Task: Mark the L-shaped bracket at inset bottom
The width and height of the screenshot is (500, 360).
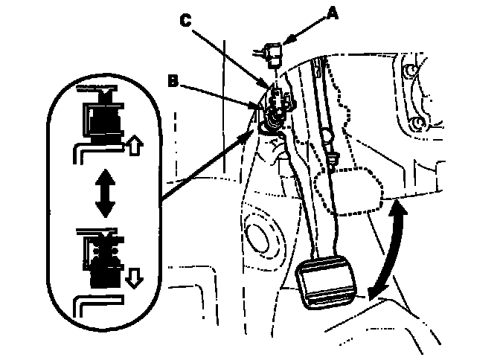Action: (x=92, y=306)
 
